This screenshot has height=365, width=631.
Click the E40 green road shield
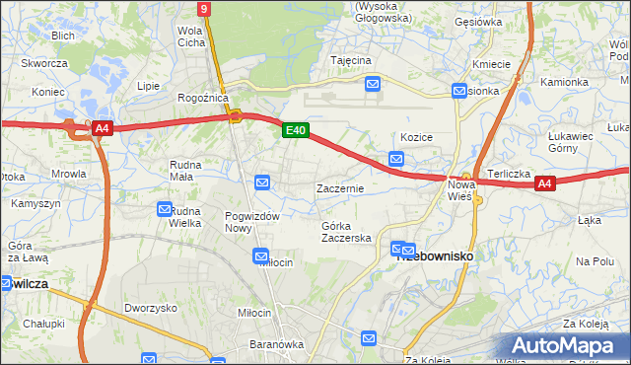point(295,130)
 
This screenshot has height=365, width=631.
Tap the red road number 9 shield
point(203,9)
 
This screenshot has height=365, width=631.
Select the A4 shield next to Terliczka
point(546,182)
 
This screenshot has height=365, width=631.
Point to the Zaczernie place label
point(340,187)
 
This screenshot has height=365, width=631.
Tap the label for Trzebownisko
point(436,255)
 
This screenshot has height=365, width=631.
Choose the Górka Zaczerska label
point(346,232)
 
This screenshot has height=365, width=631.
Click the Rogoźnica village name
point(202,98)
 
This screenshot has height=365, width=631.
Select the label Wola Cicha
point(189,36)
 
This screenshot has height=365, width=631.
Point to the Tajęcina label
point(351,60)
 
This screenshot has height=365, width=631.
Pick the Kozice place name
point(417,137)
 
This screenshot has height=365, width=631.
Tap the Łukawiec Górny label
point(576,142)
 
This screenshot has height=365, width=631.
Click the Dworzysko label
point(150,307)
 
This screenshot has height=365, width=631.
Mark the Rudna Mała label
point(186,172)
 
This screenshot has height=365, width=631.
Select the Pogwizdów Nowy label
point(253,222)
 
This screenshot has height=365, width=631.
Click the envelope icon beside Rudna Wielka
point(165,209)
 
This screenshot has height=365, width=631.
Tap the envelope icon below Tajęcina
point(373,86)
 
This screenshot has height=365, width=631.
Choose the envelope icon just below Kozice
point(396,158)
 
